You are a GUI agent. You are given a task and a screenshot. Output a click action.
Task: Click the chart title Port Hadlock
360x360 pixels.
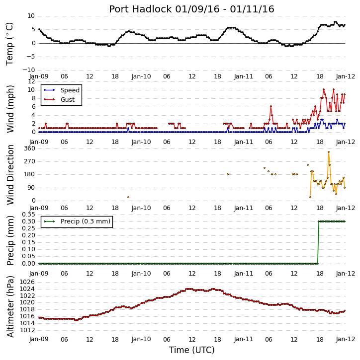coord(140,9)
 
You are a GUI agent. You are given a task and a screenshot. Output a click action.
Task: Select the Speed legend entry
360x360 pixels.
coord(62,90)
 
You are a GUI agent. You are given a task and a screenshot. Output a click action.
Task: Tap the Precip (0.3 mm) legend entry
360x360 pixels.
coord(77,221)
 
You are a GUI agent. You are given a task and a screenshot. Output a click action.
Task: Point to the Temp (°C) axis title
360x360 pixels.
coord(9,44)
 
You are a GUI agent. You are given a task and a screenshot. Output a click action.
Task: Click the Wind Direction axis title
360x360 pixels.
coord(10,174)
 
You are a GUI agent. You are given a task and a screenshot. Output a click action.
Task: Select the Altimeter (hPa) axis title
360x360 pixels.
coord(10,306)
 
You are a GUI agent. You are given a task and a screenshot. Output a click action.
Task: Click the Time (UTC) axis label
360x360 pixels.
coord(192,350)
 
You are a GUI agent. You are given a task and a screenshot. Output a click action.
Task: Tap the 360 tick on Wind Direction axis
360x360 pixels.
coord(30,148)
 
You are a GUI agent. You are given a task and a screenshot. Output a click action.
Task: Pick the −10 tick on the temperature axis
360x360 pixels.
coord(28,70)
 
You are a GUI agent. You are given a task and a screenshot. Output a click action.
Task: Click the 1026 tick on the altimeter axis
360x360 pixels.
coord(27,282)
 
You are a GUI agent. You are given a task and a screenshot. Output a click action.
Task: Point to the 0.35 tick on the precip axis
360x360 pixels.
coord(28,215)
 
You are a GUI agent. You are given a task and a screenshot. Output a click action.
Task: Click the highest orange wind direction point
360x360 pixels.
coord(329,152)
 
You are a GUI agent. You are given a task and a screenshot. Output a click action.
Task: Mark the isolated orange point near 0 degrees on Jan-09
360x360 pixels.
coord(128,197)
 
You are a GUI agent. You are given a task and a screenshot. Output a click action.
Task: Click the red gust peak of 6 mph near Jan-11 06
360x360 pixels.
coord(271,106)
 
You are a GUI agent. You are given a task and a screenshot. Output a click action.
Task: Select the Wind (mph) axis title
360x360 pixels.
coord(10,109)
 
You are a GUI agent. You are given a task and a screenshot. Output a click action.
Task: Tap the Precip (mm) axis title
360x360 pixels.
coord(10,240)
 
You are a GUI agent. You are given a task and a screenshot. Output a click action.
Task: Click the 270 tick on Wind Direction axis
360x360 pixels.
coord(30,161)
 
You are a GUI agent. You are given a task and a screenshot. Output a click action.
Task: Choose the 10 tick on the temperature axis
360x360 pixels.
coord(31,16)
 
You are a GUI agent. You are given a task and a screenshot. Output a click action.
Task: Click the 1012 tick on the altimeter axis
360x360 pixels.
coord(27,330)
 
